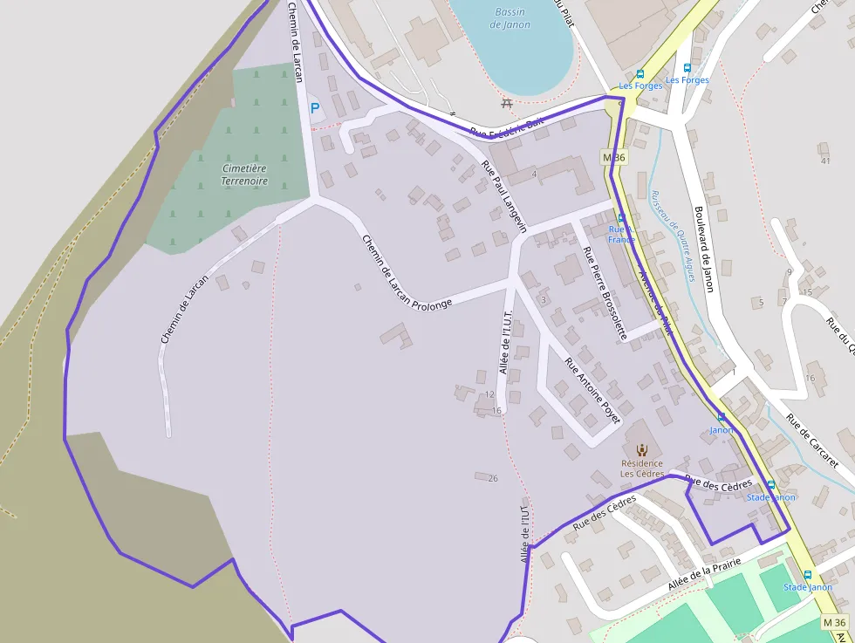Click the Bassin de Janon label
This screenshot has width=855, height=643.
510,18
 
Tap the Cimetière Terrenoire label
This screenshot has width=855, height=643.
244,174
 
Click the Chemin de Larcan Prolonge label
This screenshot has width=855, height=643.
407,272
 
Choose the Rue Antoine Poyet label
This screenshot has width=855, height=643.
592,391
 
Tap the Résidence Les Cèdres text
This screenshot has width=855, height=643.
641,469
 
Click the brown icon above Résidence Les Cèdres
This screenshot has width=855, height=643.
642,450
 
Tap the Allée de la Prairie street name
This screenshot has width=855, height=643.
704,575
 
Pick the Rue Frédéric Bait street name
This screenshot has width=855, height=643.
506,127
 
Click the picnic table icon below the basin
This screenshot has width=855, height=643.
507,103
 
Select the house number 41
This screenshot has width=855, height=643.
824,161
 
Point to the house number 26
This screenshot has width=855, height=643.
493,478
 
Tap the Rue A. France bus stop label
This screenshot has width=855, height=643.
621,234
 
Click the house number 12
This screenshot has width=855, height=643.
489,394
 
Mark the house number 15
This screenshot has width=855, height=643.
807,291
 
